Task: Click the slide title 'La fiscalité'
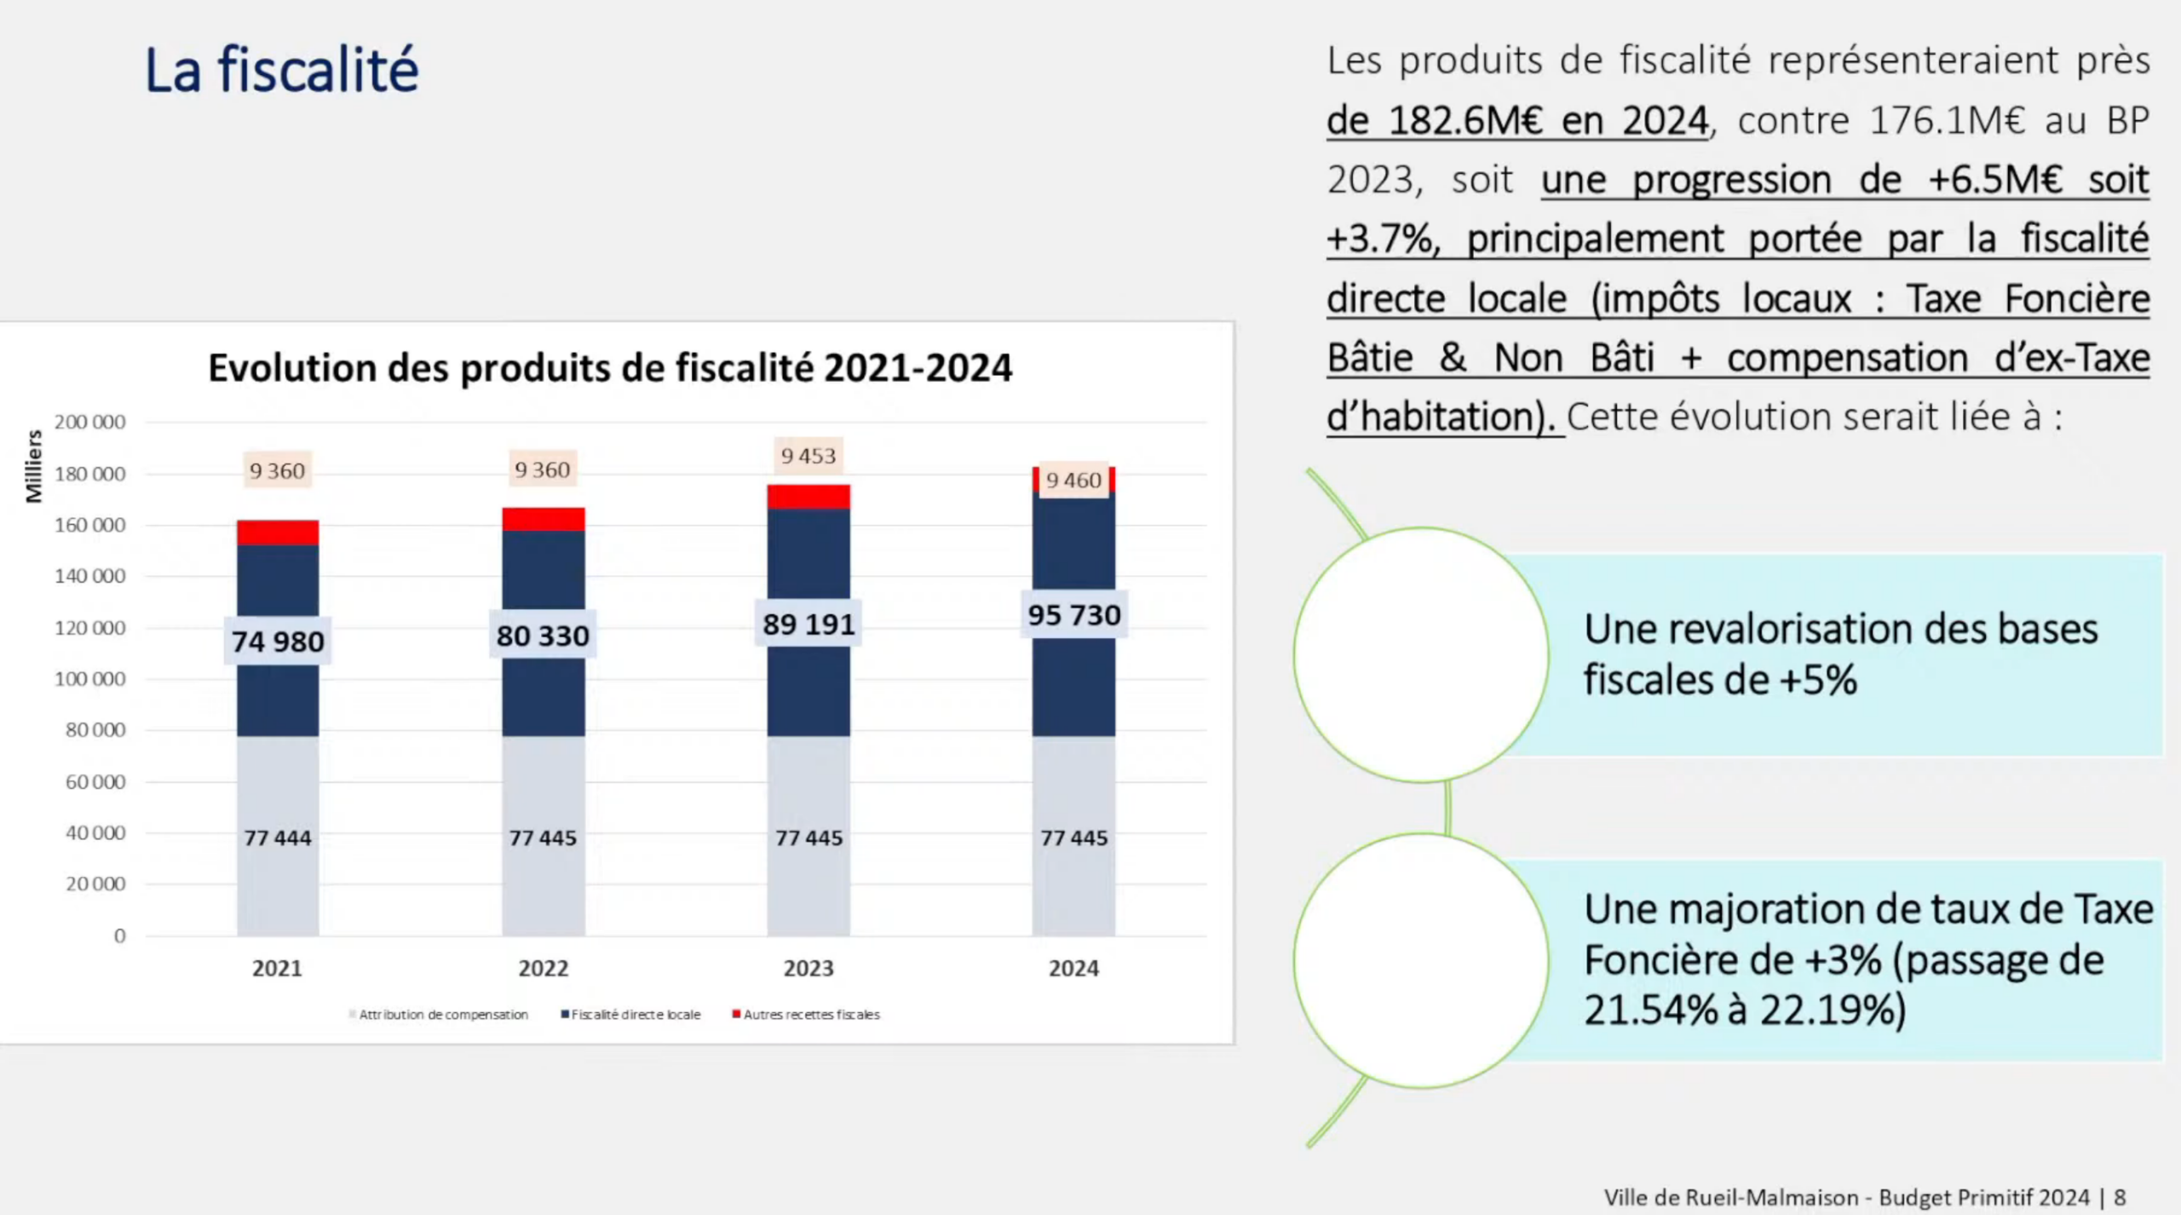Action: [281, 70]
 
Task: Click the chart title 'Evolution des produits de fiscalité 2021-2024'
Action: [610, 368]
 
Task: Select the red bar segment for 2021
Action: [278, 533]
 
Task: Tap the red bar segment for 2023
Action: [809, 497]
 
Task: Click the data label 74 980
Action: [278, 641]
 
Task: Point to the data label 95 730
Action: [1073, 614]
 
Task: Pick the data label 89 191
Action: [809, 625]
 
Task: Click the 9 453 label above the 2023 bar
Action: [809, 456]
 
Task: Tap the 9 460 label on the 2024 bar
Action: [1073, 481]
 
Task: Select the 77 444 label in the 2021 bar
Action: [278, 838]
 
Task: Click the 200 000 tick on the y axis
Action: [89, 422]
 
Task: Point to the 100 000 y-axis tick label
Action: [89, 679]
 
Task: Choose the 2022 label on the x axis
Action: [544, 969]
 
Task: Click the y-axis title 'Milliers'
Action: [34, 466]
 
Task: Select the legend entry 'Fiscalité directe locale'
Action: [635, 1015]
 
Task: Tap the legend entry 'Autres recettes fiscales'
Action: [810, 1015]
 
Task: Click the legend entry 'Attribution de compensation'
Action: [442, 1015]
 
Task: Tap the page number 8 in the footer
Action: [2120, 1198]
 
